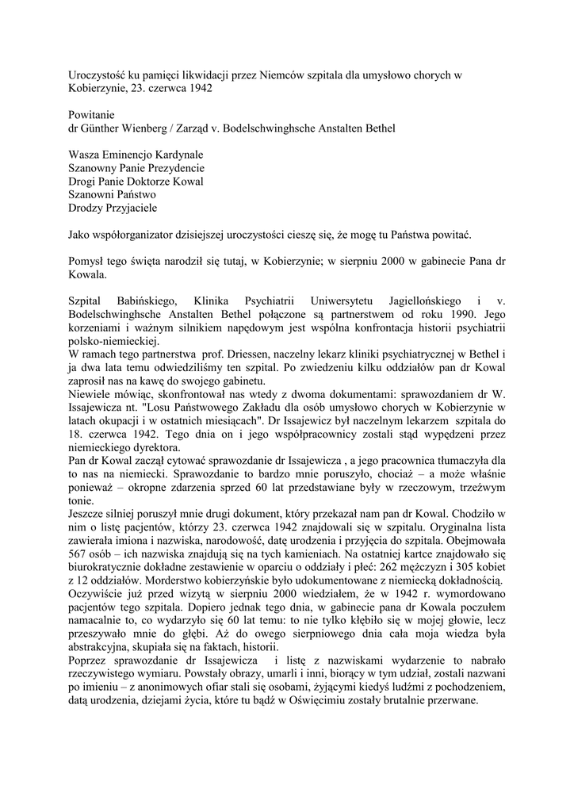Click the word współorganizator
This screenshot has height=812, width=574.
point(140,236)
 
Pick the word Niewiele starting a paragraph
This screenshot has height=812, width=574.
point(90,396)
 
